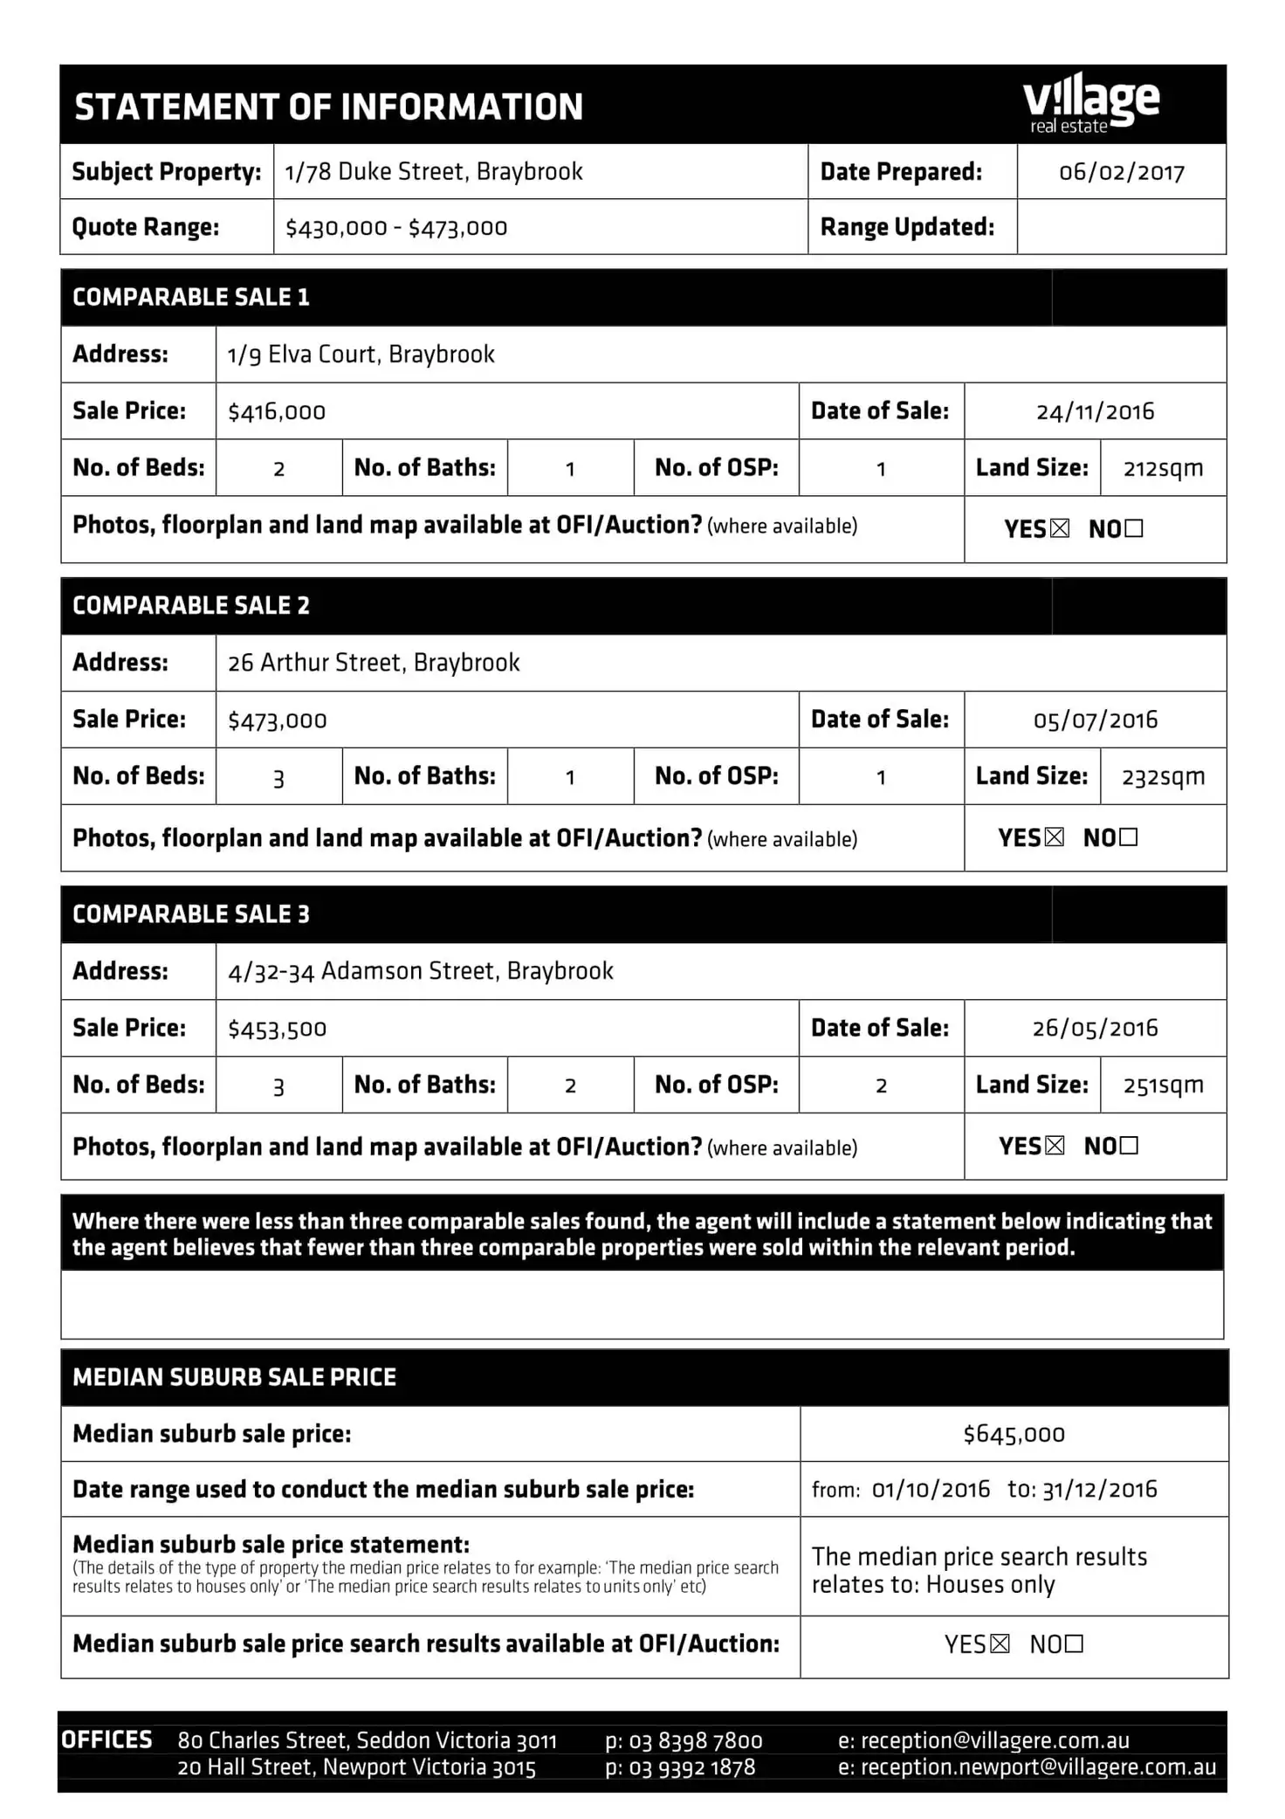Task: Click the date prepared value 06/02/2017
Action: [x=1122, y=172]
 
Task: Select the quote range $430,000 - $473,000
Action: [x=396, y=228]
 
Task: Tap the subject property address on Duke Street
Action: [x=434, y=171]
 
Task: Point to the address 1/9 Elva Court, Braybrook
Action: [x=361, y=355]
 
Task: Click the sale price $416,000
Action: [x=277, y=412]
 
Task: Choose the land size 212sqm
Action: [x=1163, y=469]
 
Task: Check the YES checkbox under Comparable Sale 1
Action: [x=1060, y=528]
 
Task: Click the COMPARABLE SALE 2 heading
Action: [x=191, y=606]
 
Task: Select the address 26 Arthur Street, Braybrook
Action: [x=374, y=663]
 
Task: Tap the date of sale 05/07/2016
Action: [x=1096, y=720]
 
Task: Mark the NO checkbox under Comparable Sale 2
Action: [x=1129, y=837]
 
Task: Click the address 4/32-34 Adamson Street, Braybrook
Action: [x=421, y=971]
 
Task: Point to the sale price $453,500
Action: [x=278, y=1029]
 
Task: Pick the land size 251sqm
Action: [x=1163, y=1085]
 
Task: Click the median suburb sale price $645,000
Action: [x=1014, y=1434]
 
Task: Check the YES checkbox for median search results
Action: [x=1000, y=1644]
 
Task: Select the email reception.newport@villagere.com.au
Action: [x=1039, y=1767]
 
